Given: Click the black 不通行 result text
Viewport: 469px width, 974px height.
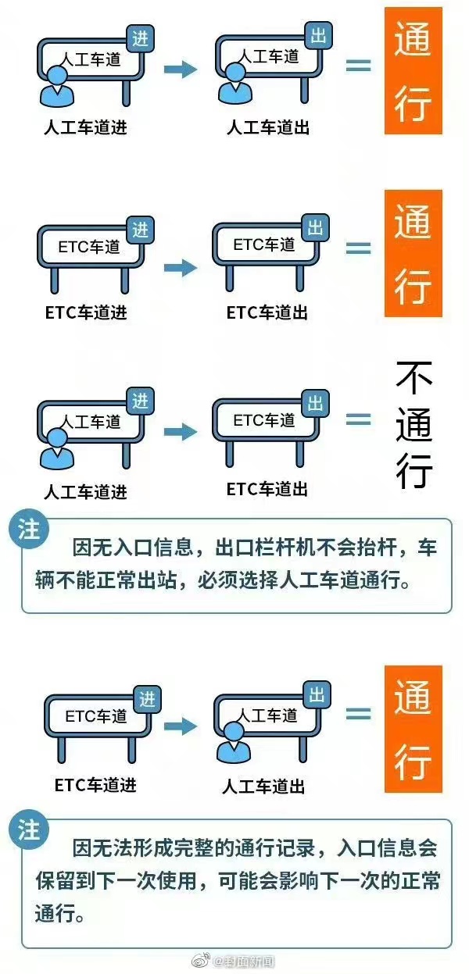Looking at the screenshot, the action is (x=414, y=425).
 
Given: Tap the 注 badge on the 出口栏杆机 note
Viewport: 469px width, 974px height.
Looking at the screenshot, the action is (x=29, y=530).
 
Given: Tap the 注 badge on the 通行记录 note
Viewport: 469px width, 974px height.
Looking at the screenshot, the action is (x=29, y=830).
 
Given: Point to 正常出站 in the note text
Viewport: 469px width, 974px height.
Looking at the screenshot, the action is (x=137, y=580).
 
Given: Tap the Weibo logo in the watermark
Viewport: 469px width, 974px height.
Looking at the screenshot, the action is (x=201, y=961).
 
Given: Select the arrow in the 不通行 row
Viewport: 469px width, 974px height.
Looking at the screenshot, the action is (x=181, y=431).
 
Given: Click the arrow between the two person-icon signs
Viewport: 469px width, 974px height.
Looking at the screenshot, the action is (x=181, y=69).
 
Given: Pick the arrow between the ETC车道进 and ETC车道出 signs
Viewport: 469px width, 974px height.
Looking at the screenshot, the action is (x=181, y=267).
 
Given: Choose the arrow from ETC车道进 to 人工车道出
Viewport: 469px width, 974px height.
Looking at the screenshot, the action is (x=181, y=726).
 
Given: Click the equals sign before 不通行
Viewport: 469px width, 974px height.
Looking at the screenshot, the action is (x=359, y=419).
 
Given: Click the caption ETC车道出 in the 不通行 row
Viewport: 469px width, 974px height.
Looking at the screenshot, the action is (x=267, y=489).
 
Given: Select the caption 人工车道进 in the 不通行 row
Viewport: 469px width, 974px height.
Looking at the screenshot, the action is (x=85, y=492).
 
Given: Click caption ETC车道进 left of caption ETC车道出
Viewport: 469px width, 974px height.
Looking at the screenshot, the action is (x=86, y=312).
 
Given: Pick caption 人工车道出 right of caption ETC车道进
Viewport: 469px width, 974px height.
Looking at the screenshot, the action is (x=263, y=787).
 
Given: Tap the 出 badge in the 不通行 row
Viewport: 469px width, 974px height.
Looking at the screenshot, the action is (x=316, y=403).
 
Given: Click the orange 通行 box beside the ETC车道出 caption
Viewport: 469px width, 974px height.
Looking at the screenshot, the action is (x=414, y=254).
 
